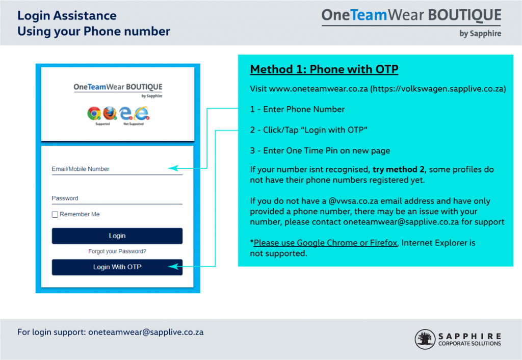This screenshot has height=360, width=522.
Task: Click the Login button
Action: (x=117, y=236)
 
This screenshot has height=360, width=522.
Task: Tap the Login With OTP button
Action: (x=117, y=267)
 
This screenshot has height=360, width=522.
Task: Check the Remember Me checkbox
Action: (x=55, y=215)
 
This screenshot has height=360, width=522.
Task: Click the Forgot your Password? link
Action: (x=117, y=251)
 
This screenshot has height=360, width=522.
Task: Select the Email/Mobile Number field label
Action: (x=81, y=169)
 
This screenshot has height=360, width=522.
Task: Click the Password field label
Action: (x=65, y=198)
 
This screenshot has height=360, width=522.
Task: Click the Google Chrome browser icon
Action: (x=94, y=113)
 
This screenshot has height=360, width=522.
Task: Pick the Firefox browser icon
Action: (x=110, y=113)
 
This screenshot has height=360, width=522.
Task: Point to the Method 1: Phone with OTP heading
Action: (x=324, y=69)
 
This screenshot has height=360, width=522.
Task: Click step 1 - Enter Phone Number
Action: (x=297, y=109)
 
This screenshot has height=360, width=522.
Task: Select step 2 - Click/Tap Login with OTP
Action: (x=308, y=130)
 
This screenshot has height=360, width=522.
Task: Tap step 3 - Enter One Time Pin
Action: (x=320, y=150)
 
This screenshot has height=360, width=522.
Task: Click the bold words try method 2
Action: (x=399, y=169)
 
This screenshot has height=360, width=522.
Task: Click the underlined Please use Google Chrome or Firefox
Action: (x=325, y=243)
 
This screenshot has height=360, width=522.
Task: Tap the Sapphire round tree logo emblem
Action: (x=425, y=339)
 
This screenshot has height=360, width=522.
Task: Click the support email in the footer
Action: (x=146, y=332)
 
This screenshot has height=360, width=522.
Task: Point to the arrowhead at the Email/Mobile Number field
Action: (x=173, y=168)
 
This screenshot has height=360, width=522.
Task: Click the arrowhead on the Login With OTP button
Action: (x=173, y=266)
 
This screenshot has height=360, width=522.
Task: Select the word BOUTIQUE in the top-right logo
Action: (x=464, y=15)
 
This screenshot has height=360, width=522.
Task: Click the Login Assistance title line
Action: (x=67, y=16)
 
